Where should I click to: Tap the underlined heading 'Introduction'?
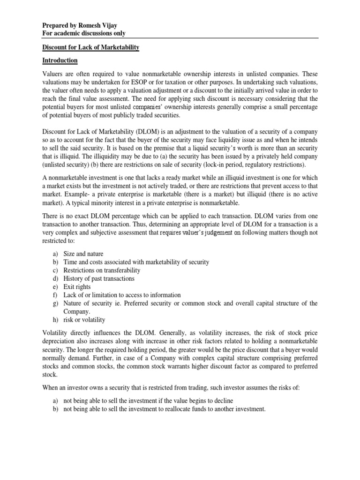tap(60, 61)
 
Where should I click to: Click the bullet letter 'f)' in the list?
tap(45, 295)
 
